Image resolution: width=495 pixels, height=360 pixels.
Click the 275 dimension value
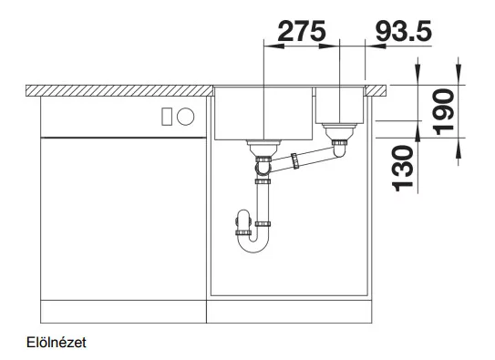[x=301, y=31]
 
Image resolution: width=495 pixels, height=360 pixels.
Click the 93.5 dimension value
[x=404, y=31]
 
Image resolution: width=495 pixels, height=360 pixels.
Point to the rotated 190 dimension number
[x=444, y=112]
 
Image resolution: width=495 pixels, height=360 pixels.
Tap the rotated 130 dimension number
[x=403, y=169]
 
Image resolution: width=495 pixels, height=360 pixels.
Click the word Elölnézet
[x=57, y=343]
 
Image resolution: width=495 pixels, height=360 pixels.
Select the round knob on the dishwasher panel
[x=185, y=117]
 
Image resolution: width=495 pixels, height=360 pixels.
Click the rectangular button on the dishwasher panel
[x=167, y=117]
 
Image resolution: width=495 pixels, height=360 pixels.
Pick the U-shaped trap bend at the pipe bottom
[x=253, y=243]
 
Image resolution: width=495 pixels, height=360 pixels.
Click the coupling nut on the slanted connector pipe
[x=294, y=161]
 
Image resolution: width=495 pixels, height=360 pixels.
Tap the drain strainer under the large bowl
[x=264, y=147]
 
